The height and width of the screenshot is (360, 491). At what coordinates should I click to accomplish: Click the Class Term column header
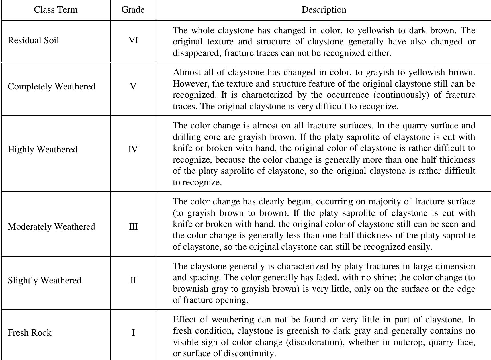(x=56, y=10)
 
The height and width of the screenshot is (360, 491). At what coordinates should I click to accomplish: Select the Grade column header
(x=133, y=10)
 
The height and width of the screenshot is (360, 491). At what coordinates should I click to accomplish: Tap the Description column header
(x=324, y=10)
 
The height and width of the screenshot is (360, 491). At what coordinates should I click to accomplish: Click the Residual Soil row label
(x=33, y=40)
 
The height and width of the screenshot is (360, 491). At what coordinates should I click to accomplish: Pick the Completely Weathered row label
(x=52, y=87)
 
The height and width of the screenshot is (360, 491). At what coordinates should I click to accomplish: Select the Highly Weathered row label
(x=43, y=150)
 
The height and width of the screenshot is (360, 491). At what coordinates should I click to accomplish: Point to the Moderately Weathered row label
(x=51, y=227)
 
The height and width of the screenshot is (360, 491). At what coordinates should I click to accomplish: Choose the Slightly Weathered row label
(x=44, y=280)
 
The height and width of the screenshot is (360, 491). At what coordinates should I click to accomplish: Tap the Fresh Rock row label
(x=30, y=333)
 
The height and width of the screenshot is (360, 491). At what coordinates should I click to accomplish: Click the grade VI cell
(x=133, y=40)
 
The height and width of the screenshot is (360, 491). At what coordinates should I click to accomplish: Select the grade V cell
(x=133, y=87)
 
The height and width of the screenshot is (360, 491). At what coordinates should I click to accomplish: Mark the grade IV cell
(x=133, y=150)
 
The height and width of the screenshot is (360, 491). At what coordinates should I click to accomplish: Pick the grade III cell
(x=133, y=227)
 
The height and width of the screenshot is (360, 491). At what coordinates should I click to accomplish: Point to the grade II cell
(x=133, y=280)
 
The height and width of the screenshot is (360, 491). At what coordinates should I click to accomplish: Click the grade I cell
(x=133, y=333)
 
